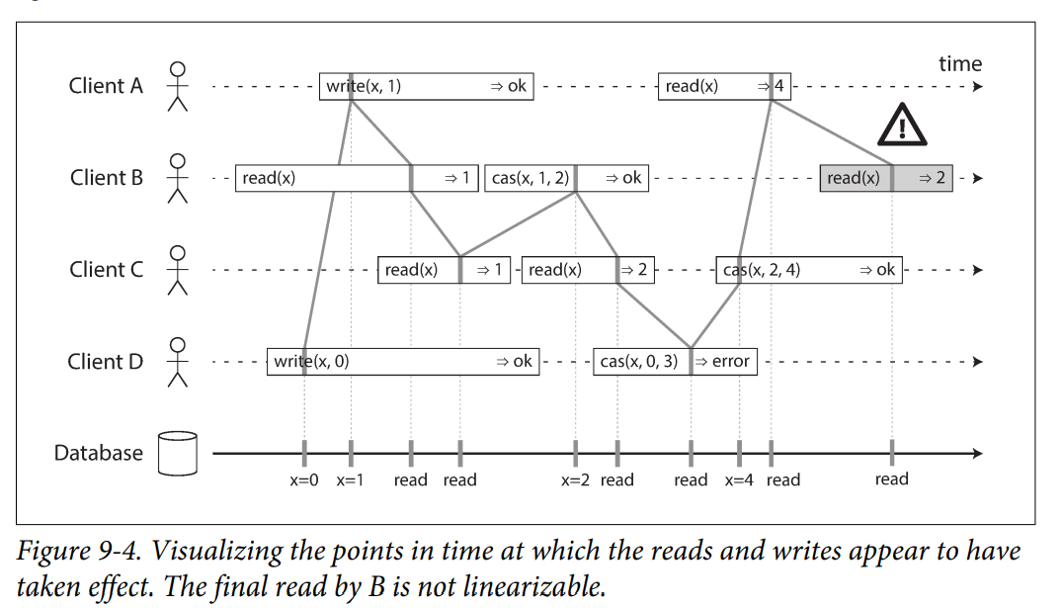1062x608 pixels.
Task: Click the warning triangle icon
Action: click(x=902, y=126)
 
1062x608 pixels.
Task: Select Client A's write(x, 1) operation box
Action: click(x=426, y=86)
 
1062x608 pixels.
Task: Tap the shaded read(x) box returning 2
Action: click(x=886, y=178)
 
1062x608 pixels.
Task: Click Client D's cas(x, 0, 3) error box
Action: click(x=675, y=361)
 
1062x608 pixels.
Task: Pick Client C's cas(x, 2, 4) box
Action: click(x=809, y=270)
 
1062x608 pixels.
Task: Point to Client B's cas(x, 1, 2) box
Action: click(x=566, y=178)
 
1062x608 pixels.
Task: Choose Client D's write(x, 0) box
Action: click(x=403, y=361)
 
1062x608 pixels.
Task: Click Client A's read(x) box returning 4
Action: click(x=724, y=86)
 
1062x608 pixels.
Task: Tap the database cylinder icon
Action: click(x=178, y=454)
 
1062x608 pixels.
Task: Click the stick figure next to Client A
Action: click(x=178, y=86)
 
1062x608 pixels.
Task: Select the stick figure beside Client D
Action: click(x=178, y=361)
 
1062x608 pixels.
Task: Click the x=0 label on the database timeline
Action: click(x=304, y=479)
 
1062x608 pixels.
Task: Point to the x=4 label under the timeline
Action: click(x=739, y=479)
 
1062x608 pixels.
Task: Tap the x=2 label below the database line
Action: click(x=575, y=479)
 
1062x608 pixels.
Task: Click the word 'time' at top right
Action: click(x=960, y=63)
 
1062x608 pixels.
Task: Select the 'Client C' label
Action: click(x=107, y=270)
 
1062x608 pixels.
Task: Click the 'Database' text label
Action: click(x=98, y=453)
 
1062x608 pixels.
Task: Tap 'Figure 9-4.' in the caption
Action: click(x=79, y=552)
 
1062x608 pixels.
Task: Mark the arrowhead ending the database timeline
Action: click(x=978, y=454)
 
